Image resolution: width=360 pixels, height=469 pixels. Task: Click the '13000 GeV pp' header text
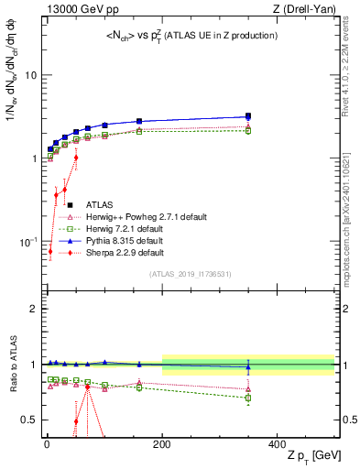pyautogui.click(x=75, y=9)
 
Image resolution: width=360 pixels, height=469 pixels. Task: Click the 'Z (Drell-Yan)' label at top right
pyautogui.click(x=301, y=9)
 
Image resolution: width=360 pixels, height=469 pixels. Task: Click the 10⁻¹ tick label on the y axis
pyautogui.click(x=28, y=242)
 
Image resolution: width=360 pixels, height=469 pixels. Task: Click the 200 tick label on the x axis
pyautogui.click(x=161, y=444)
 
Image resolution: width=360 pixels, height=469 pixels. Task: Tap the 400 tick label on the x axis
pyautogui.click(x=277, y=444)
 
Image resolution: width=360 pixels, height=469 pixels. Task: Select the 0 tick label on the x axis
pyautogui.click(x=47, y=444)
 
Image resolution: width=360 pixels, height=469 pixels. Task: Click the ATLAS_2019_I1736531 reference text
pyautogui.click(x=191, y=273)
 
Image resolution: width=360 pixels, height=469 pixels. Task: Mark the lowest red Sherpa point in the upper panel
pyautogui.click(x=50, y=250)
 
